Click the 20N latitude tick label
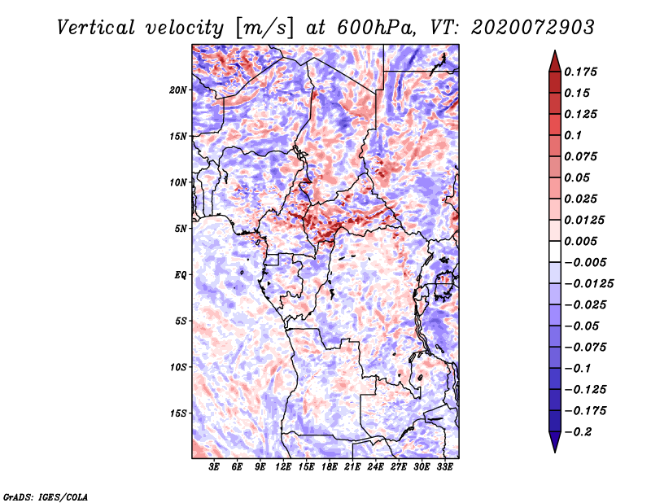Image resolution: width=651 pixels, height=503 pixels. point(178,90)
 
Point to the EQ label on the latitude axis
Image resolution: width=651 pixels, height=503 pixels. point(181,275)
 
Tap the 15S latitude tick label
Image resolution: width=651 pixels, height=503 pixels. point(178,413)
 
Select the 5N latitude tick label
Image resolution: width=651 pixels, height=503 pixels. point(181,229)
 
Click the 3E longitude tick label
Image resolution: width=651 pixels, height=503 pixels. point(214,467)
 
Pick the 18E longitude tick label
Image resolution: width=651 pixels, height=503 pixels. point(330,467)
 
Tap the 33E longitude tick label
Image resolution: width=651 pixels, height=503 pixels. point(444,467)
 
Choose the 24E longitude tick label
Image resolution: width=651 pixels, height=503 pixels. point(375,467)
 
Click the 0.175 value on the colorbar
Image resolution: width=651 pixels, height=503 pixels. point(580,72)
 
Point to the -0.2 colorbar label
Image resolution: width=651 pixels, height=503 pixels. point(578,432)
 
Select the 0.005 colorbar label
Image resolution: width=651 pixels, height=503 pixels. point(580,241)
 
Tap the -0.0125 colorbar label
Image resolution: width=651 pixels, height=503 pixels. point(588,284)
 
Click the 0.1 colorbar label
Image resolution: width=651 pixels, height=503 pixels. point(573,135)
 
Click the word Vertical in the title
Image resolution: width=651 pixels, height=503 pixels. point(96,28)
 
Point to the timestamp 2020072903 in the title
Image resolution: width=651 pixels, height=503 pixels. point(533,28)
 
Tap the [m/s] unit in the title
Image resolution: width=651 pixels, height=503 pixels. point(265,28)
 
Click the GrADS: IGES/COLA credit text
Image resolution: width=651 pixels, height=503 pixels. point(46,497)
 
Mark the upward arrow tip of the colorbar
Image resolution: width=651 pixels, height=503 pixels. point(555,50)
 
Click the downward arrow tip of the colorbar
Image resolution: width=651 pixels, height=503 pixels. point(555,453)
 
